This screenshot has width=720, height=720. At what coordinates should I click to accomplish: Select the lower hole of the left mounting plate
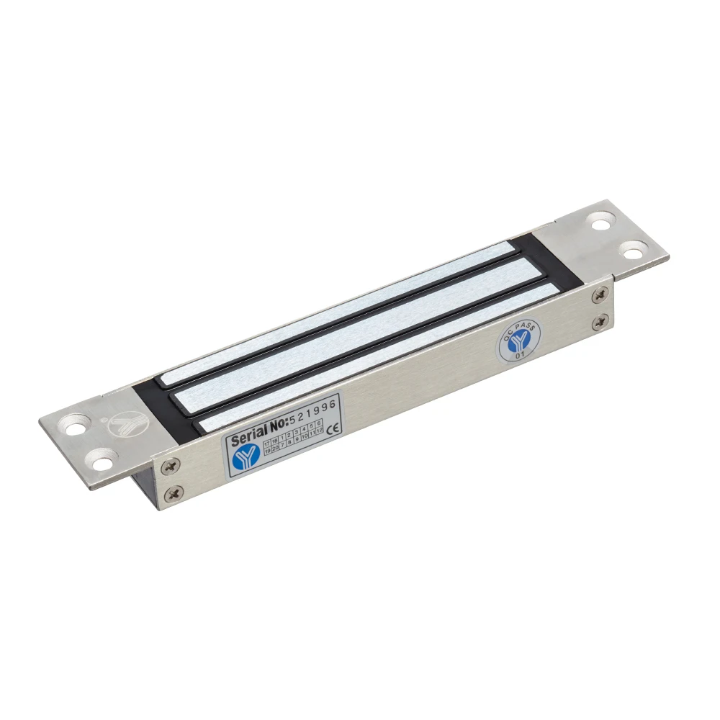(102, 457)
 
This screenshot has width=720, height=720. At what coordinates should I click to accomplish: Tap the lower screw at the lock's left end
(174, 493)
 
